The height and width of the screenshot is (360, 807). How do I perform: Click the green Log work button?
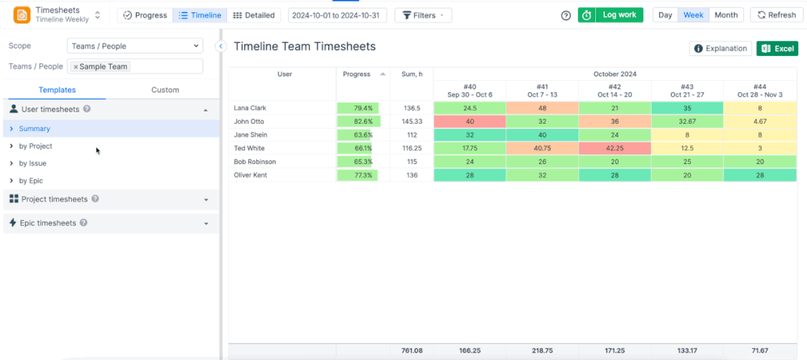pos(611,15)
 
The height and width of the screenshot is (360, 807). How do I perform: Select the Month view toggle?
pos(725,15)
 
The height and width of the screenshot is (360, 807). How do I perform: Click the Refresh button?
pos(775,15)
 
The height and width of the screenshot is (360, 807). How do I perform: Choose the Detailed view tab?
pos(253,15)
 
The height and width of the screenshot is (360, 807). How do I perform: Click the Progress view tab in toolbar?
pos(145,15)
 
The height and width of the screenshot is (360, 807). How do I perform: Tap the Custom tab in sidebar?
pos(165,90)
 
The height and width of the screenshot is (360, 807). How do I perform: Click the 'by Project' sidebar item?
pos(36,146)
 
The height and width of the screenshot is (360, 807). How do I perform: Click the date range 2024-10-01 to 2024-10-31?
pos(337,15)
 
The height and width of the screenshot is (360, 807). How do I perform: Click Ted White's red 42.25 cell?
pos(615,148)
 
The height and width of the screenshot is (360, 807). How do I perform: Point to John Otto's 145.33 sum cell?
pos(412,121)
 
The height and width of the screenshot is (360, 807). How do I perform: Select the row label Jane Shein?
pos(250,135)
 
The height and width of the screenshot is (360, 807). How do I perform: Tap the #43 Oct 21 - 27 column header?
pos(687,91)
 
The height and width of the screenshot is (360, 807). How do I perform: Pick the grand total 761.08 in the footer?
pos(412,351)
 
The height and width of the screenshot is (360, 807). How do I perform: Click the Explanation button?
pos(720,49)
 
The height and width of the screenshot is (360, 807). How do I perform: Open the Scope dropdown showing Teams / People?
pos(134,46)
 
